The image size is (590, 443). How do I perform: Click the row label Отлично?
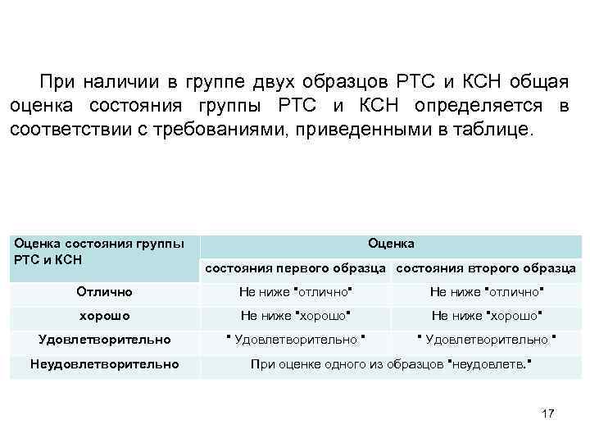pyautogui.click(x=104, y=291)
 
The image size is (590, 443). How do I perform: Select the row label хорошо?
pyautogui.click(x=104, y=315)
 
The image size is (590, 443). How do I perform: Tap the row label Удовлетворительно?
pyautogui.click(x=105, y=339)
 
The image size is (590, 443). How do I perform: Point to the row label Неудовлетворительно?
pyautogui.click(x=104, y=363)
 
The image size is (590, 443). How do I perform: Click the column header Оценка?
pyautogui.click(x=391, y=243)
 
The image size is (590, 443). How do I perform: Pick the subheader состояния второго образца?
pyautogui.click(x=486, y=268)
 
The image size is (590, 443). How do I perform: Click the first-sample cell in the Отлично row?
pyautogui.click(x=295, y=291)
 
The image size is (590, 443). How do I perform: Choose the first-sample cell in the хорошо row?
pyautogui.click(x=295, y=315)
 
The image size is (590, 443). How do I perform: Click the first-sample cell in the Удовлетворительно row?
pyautogui.click(x=295, y=339)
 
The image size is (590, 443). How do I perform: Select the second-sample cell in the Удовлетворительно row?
pyautogui.click(x=487, y=339)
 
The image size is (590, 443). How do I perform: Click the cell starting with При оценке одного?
pyautogui.click(x=391, y=363)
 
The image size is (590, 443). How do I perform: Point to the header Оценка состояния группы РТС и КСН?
pyautogui.click(x=99, y=251)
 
